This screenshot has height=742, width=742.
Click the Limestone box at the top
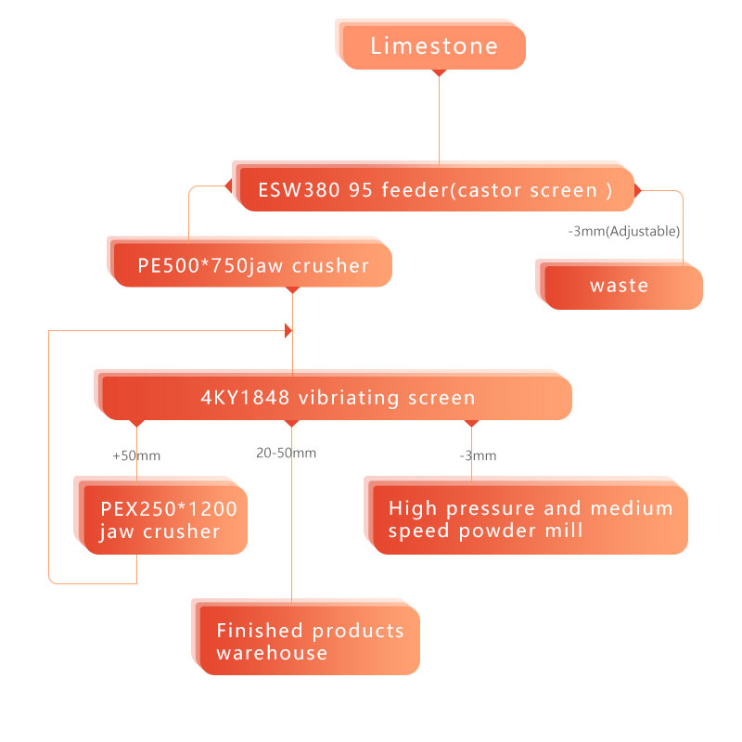(x=433, y=46)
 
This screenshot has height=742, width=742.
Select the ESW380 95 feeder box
(x=436, y=190)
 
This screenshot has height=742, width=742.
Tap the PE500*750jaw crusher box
(x=253, y=266)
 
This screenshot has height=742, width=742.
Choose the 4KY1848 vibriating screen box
(x=338, y=398)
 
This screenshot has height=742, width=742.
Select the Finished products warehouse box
(x=310, y=641)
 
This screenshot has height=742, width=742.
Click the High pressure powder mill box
(x=530, y=519)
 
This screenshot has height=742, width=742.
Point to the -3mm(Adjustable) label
(x=623, y=231)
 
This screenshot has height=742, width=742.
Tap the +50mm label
(x=136, y=455)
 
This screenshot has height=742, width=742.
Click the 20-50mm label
(x=286, y=454)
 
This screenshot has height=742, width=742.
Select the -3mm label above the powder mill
(x=478, y=455)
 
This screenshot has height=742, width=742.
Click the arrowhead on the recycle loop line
(x=288, y=330)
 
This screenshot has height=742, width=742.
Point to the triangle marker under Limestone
(x=440, y=73)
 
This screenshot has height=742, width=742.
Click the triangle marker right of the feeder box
(x=637, y=190)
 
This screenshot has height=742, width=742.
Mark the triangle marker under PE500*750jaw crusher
(x=292, y=290)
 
